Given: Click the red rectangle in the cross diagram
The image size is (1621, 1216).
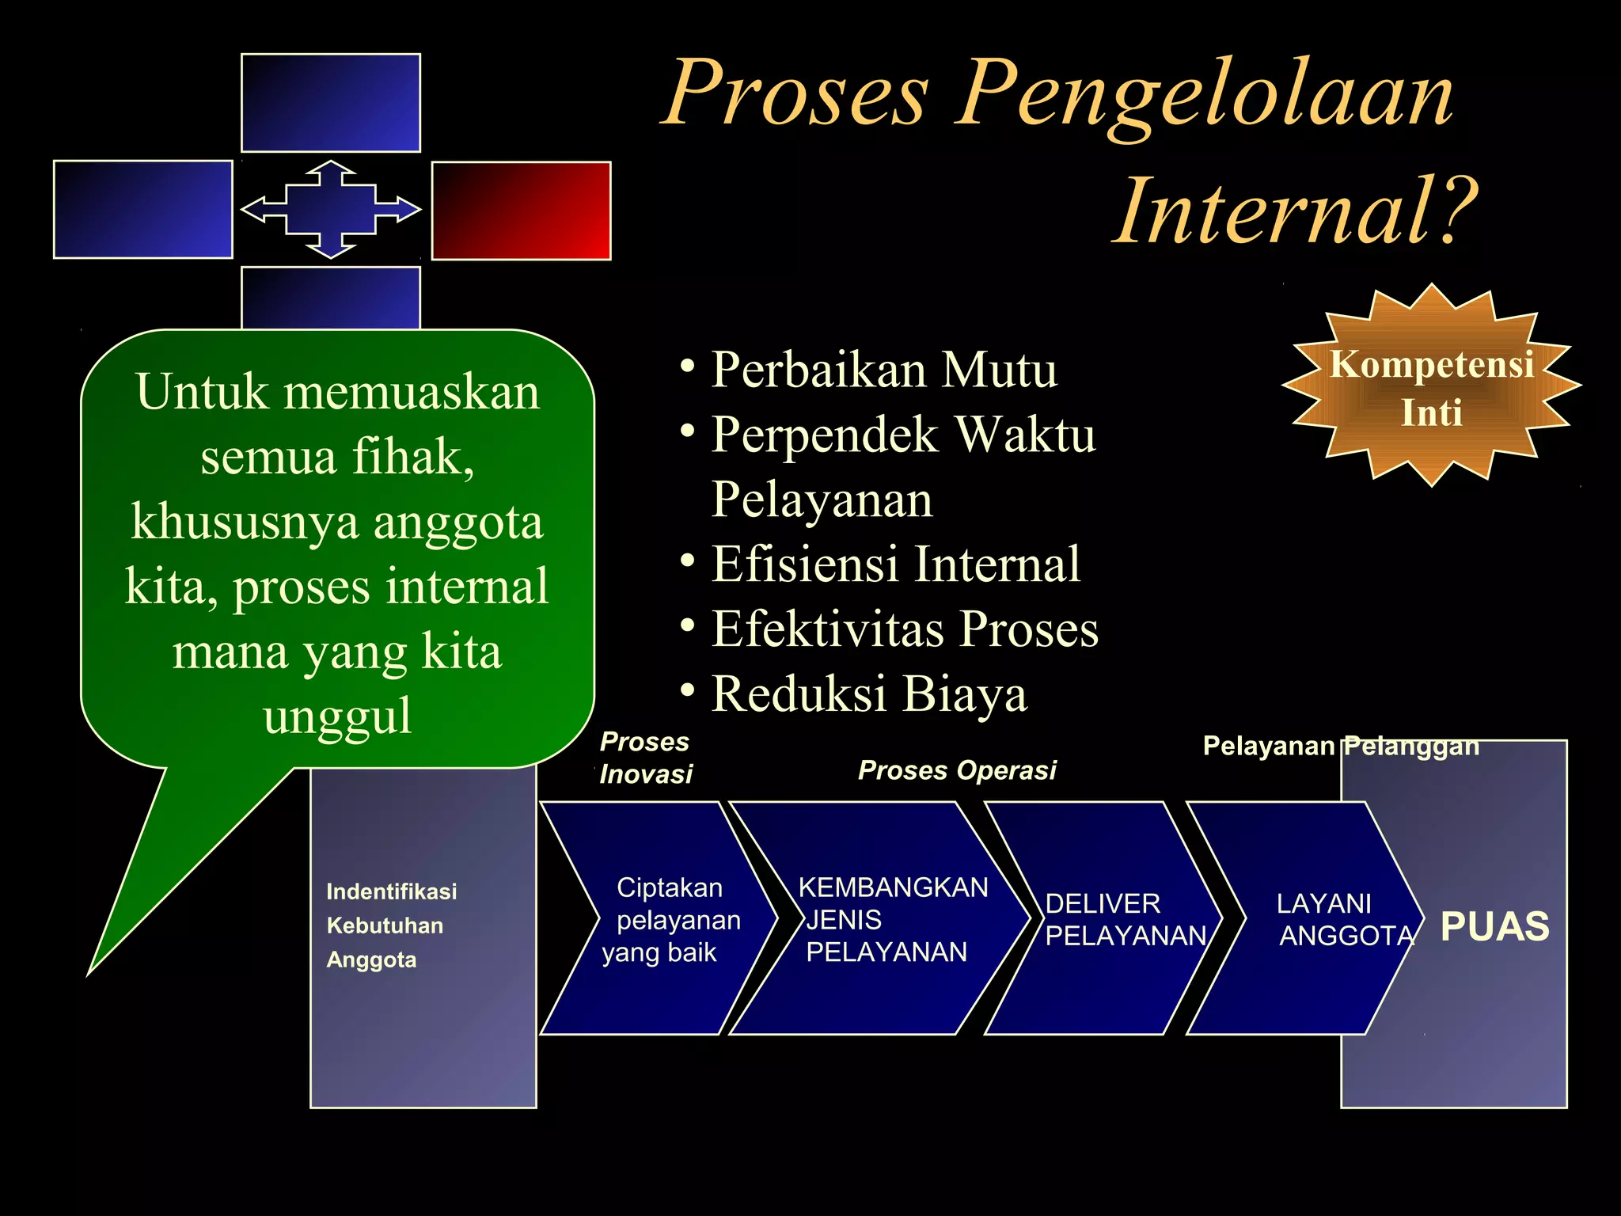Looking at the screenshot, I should pos(521,211).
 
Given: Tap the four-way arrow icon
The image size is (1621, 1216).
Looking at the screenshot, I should pos(330,210).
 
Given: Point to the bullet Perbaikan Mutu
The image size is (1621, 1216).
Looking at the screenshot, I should pos(883,370).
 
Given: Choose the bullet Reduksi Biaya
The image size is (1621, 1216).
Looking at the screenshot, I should pos(868,694).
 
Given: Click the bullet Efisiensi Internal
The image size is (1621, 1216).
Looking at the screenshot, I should pos(894,564).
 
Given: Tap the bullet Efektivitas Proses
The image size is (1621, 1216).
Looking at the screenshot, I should pos(904,629).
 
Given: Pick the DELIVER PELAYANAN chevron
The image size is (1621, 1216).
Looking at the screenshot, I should pos(1116,919).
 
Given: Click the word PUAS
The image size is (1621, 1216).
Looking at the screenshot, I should pos(1494,927).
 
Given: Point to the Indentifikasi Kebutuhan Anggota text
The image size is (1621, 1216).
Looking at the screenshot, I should pos(391,925).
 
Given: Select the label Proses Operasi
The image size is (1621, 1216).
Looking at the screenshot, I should pos(957,770).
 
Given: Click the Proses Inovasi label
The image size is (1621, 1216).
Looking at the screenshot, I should pos(645,758).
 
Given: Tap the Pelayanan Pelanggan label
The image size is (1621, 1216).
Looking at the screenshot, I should pos(1340,747).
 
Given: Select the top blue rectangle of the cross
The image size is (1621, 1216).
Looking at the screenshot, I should pos(330,103).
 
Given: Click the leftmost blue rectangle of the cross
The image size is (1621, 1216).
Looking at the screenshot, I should pos(143,210).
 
